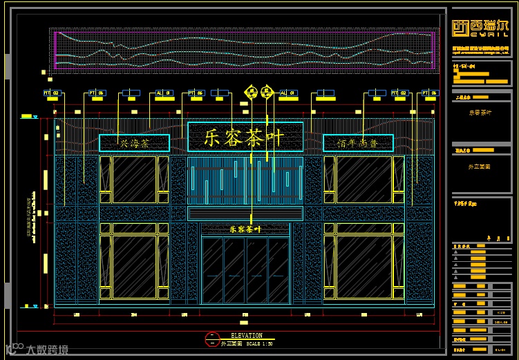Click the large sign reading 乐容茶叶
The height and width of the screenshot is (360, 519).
tap(245, 137)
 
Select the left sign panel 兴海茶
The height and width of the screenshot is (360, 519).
tap(134, 143)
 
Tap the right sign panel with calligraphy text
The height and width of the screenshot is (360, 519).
tap(358, 143)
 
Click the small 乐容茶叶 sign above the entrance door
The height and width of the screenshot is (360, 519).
tap(245, 229)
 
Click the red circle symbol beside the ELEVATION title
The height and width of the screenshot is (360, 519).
tap(211, 339)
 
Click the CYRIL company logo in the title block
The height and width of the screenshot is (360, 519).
tap(480, 28)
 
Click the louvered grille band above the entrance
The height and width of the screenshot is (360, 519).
tap(245, 214)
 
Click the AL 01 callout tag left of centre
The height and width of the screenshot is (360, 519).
tap(159, 93)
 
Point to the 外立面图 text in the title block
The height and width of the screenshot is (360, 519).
tap(480, 167)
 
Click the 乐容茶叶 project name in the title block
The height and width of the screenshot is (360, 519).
tap(480, 113)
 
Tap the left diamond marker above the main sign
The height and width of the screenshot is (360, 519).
tap(251, 91)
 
